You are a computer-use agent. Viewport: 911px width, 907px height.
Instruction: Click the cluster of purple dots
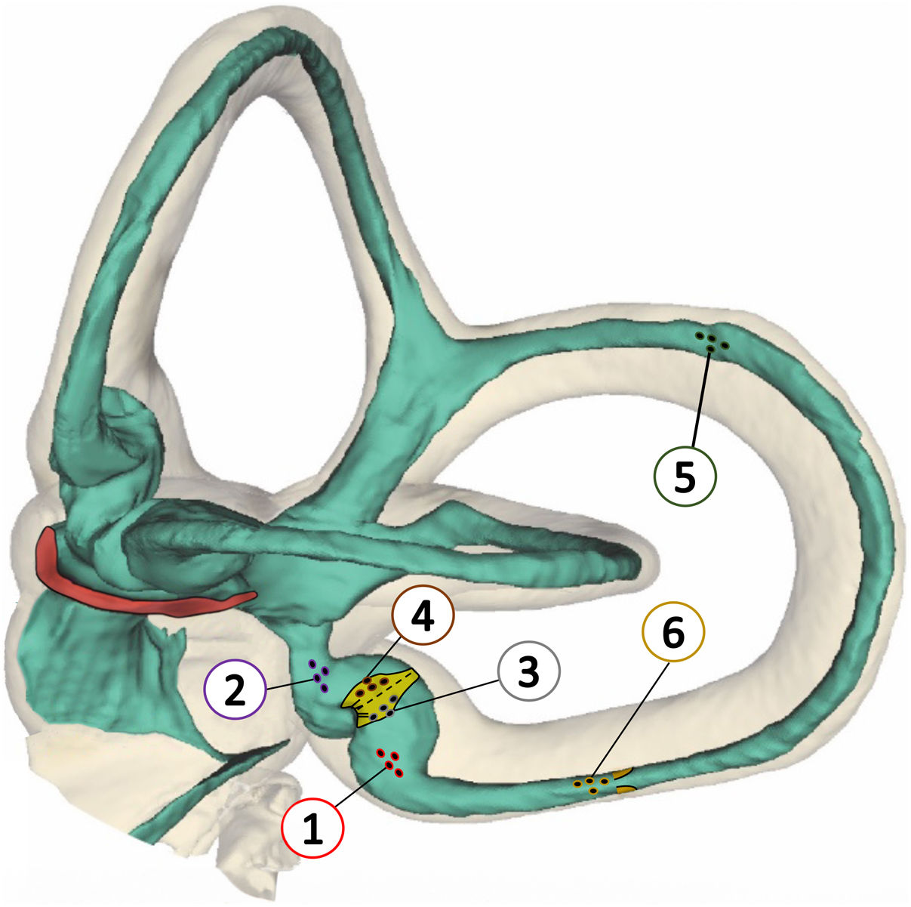319,675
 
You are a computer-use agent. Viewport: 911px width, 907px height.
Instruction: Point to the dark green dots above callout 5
712,342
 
